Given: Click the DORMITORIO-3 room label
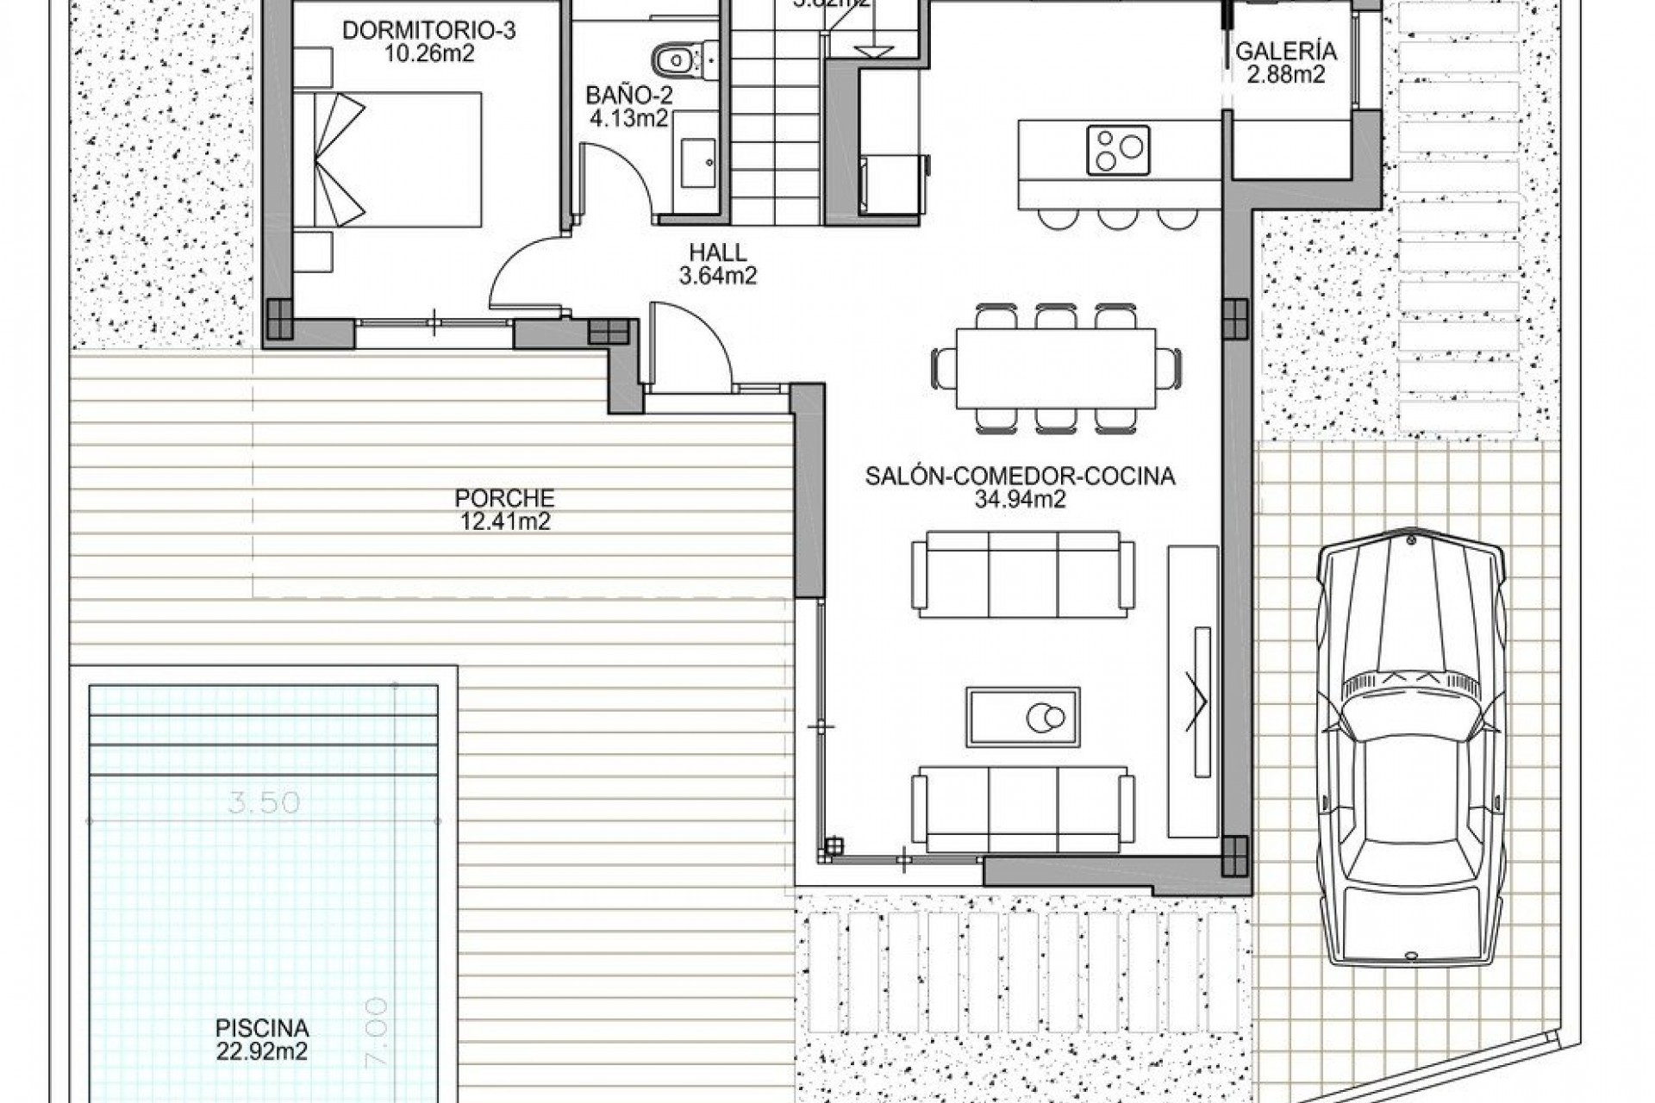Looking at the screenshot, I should [x=428, y=31].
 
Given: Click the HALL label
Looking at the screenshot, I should [x=717, y=252].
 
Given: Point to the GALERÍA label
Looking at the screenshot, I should [x=1286, y=52].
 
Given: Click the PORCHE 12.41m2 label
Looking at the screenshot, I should [x=504, y=509].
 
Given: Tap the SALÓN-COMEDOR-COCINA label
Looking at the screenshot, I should [x=1020, y=477].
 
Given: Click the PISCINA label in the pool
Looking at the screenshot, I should [x=262, y=1028].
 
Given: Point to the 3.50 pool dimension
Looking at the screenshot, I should [x=265, y=803].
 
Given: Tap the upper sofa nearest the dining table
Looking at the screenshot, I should [x=1023, y=573].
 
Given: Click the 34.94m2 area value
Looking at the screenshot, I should [x=1020, y=499].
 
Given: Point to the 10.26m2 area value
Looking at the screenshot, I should [x=428, y=53].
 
